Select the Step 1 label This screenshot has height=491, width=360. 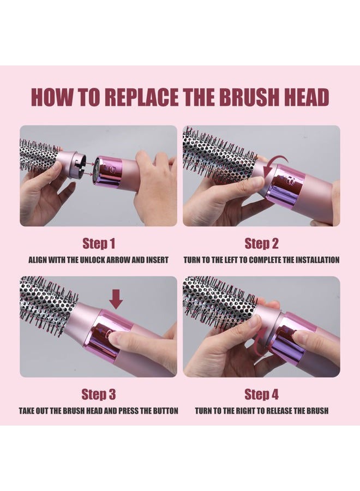pyautogui.click(x=99, y=243)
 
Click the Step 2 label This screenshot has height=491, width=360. pyautogui.click(x=261, y=243)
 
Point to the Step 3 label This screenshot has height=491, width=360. pyautogui.click(x=99, y=394)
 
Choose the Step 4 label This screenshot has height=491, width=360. pyautogui.click(x=261, y=394)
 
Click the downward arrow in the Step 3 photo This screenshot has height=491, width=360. pyautogui.click(x=116, y=300)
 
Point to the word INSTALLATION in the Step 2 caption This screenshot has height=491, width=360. pyautogui.click(x=317, y=260)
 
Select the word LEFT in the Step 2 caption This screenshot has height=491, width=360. pyautogui.click(x=232, y=260)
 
